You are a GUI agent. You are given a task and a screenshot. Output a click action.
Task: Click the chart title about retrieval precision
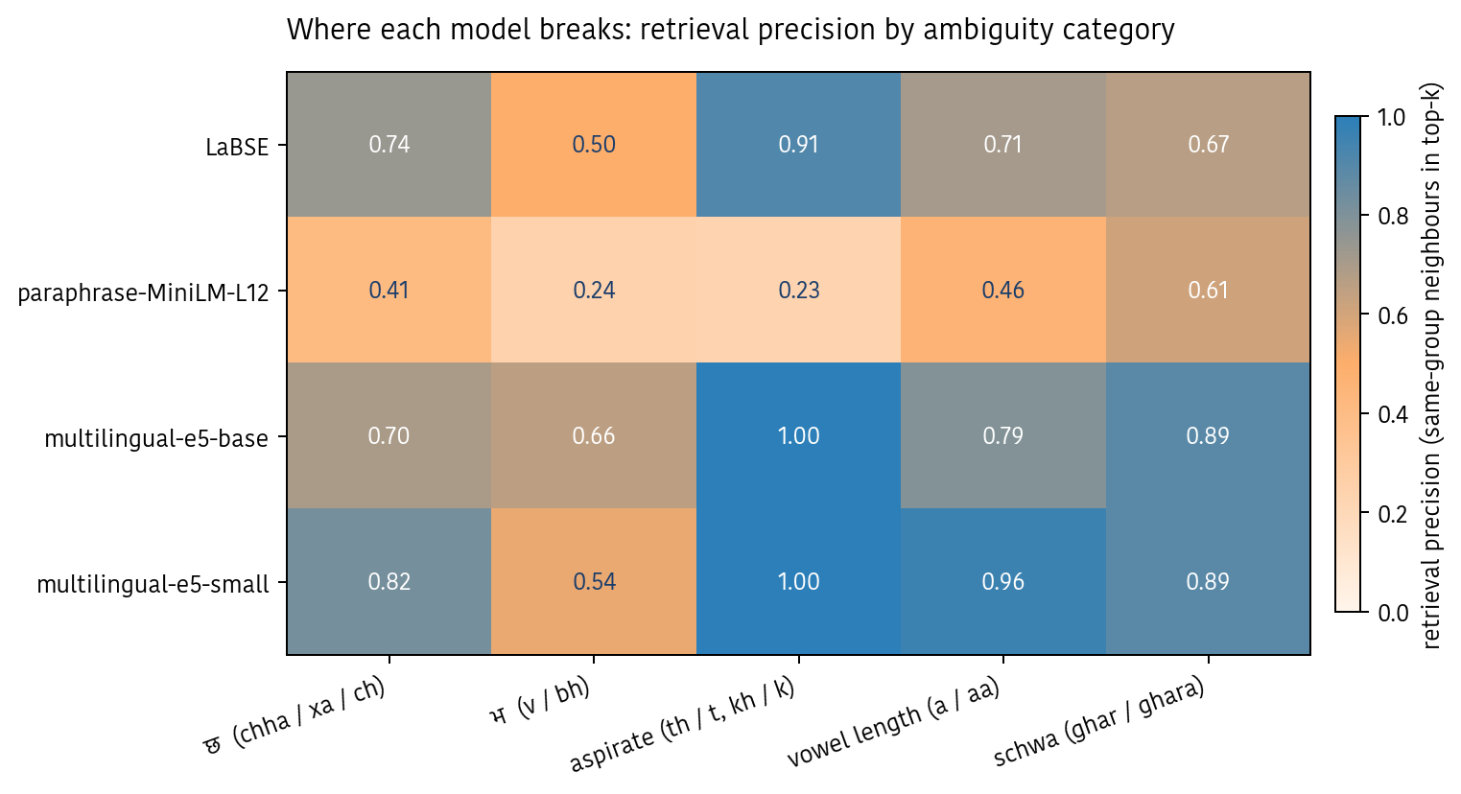click(x=730, y=31)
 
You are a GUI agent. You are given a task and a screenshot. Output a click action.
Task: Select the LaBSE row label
click(x=237, y=147)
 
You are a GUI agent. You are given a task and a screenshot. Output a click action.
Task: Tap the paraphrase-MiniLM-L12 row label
click(x=143, y=292)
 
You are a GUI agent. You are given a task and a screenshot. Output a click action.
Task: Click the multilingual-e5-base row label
click(x=156, y=438)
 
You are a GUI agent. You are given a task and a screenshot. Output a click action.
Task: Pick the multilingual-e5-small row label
click(x=153, y=584)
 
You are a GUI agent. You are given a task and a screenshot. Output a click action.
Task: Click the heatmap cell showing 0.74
click(x=389, y=145)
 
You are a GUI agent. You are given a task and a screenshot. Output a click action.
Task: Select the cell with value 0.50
click(x=594, y=145)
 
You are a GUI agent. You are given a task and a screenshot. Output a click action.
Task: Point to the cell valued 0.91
click(x=798, y=145)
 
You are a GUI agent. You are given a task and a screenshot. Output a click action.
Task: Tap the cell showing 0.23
click(x=798, y=291)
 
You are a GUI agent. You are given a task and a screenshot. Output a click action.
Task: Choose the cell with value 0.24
click(x=594, y=291)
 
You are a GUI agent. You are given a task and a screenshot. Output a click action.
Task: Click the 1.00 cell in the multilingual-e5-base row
click(x=798, y=436)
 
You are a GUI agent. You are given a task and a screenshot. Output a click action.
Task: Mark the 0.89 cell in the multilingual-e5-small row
click(x=1208, y=582)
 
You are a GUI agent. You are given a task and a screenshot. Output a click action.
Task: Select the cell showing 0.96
click(x=1003, y=582)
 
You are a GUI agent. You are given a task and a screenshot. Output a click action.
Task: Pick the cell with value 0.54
click(x=594, y=582)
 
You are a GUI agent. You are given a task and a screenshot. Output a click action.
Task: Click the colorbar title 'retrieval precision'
click(x=1432, y=364)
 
